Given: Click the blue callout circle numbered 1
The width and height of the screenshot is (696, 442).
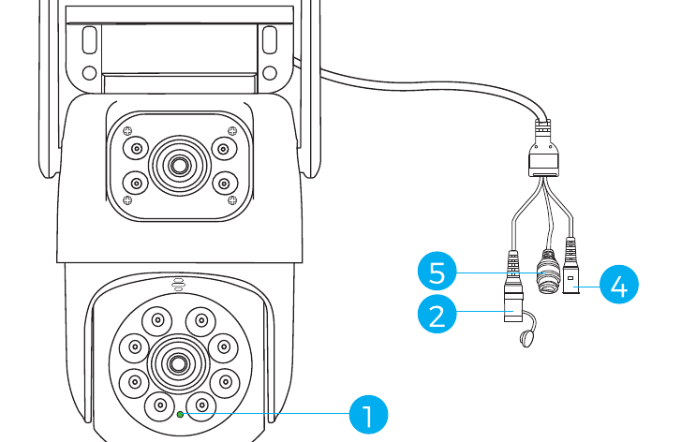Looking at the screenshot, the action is coord(368,415).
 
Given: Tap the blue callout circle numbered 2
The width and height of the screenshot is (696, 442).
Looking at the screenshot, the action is coord(437,315).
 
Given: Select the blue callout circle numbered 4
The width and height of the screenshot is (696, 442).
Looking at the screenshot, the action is coord(619,285).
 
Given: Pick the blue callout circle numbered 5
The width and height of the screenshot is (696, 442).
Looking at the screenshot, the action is coord(437,272).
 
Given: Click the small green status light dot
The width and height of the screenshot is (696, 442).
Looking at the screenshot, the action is coord(180,415).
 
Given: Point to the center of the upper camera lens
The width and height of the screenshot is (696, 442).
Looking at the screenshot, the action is coord(179,166).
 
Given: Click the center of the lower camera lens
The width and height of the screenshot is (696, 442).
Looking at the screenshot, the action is coord(178,364).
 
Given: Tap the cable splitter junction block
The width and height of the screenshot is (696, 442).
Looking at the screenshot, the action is coord(543,164).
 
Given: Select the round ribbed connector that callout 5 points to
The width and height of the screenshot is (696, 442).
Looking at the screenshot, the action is coord(549,272).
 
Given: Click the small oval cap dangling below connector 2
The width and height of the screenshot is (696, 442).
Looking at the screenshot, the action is coord(526,339).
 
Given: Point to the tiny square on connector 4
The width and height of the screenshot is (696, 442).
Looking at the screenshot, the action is coord(570,279).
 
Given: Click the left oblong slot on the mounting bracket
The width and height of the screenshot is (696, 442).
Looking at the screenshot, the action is coord(90,40).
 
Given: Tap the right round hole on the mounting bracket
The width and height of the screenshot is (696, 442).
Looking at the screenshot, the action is coord(270,73).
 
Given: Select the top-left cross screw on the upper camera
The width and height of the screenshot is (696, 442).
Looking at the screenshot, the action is coord(127,130).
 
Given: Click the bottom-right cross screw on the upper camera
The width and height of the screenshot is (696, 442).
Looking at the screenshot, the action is coord(232,200).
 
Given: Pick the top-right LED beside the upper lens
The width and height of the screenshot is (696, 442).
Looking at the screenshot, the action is coord(224,149).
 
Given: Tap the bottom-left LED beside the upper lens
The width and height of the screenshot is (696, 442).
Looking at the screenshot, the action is coord(136,184).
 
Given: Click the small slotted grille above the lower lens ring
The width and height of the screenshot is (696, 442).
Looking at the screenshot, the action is coord(178,285).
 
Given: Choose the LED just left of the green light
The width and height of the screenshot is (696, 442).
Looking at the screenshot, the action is coord(160,405).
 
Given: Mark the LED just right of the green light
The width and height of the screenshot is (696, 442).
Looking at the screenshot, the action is coord(201,405).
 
